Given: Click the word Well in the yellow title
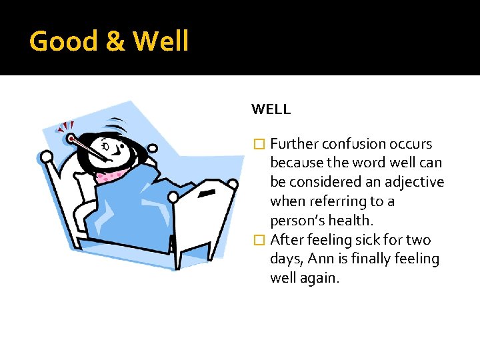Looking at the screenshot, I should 161,42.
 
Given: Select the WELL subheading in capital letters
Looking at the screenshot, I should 271,109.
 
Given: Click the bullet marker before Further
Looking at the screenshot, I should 260,144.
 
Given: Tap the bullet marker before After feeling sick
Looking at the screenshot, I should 260,240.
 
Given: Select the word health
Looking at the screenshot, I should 366,221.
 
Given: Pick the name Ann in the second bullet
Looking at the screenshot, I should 333,259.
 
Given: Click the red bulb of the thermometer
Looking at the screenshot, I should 71,139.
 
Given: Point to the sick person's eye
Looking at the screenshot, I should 107,144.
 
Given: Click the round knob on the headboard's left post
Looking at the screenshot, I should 47,157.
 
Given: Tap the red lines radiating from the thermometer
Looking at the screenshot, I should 65,127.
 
